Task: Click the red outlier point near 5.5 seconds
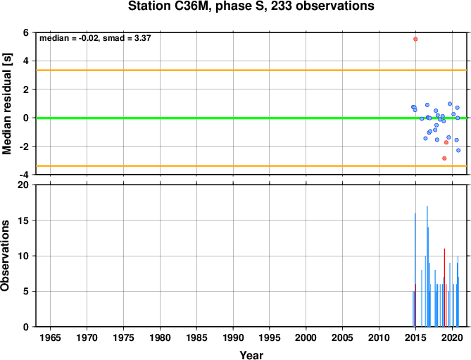[415, 39]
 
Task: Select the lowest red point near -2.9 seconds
[444, 159]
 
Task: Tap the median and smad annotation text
[95, 38]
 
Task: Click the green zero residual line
[251, 118]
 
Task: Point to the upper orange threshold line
[251, 70]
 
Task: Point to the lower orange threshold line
[251, 166]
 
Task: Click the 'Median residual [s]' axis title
[6, 104]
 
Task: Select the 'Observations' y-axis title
[5, 255]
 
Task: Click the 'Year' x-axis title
[251, 355]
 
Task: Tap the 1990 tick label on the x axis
[233, 337]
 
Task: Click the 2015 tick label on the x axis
[415, 337]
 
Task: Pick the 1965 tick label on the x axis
[50, 337]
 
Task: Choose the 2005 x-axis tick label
[343, 337]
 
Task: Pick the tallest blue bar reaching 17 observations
[427, 266]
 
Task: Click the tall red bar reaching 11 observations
[444, 287]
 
